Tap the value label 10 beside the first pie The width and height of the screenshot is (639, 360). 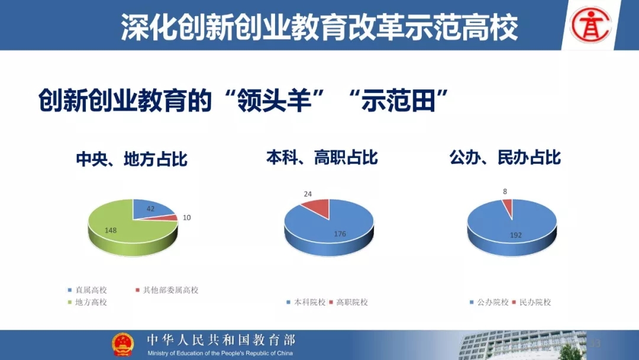coord(186,218)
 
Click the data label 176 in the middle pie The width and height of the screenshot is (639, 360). coord(340,234)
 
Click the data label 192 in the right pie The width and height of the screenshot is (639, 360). coord(515,235)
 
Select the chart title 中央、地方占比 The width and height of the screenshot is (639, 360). coord(131,159)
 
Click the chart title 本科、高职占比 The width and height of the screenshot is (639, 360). coord(322,157)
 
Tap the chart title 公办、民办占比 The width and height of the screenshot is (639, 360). coord(505,157)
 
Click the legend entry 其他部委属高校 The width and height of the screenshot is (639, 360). coord(167,290)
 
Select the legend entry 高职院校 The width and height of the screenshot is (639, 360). coord(348,303)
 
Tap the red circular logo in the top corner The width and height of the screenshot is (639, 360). coord(591,25)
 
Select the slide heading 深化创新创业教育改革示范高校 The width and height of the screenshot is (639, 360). coord(319,27)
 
